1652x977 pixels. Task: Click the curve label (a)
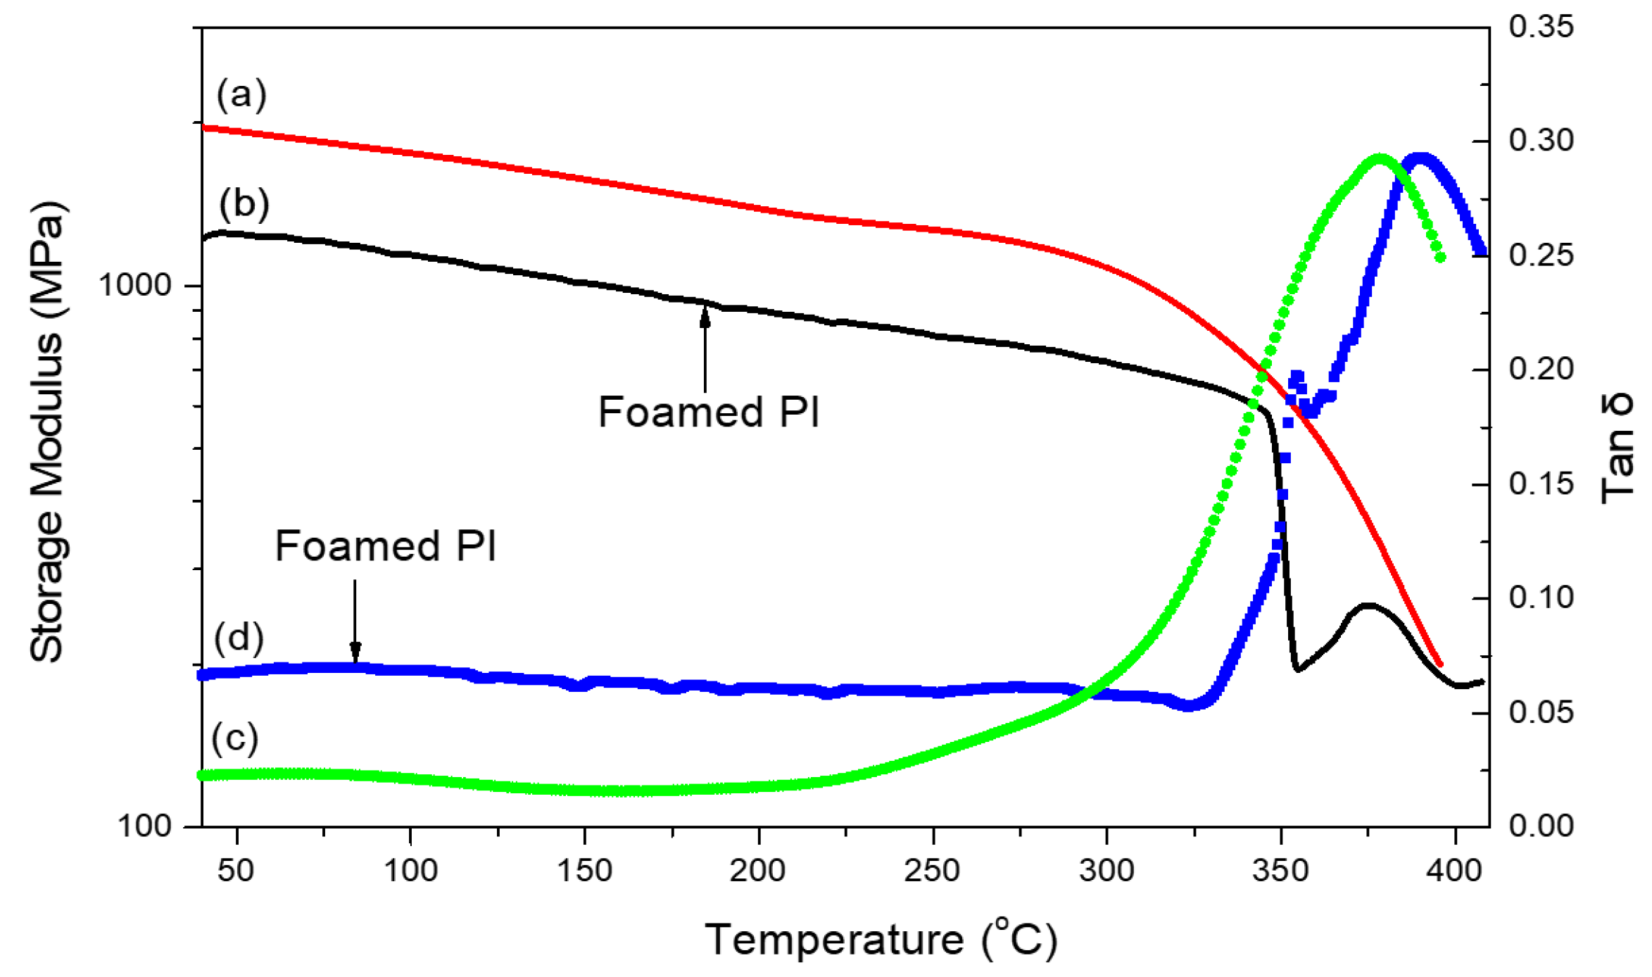point(241,94)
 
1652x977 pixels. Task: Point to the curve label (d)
point(239,638)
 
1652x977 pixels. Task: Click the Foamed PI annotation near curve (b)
point(709,412)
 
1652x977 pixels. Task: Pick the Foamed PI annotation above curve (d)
point(385,546)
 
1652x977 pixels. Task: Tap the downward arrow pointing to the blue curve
point(355,619)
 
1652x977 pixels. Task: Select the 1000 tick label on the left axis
point(134,285)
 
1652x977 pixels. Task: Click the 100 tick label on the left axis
point(144,826)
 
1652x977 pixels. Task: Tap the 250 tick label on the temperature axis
point(932,871)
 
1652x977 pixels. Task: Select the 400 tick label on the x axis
point(1454,871)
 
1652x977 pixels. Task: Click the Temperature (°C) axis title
point(881,939)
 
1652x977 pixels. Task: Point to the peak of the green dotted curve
point(1380,158)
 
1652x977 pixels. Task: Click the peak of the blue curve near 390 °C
point(1420,157)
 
